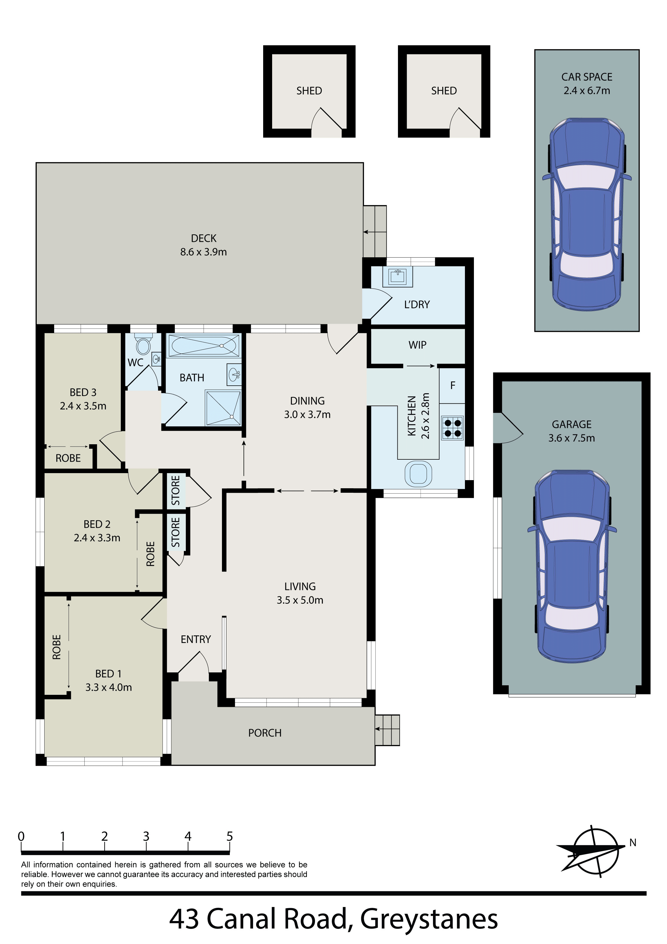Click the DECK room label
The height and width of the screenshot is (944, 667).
pyautogui.click(x=203, y=239)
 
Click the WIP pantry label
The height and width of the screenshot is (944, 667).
pyautogui.click(x=417, y=345)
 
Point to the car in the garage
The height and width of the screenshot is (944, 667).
pyautogui.click(x=572, y=566)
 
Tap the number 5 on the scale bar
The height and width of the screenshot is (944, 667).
pyautogui.click(x=230, y=837)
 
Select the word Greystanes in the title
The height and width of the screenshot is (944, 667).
pyautogui.click(x=429, y=919)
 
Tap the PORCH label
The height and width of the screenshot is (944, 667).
pyautogui.click(x=265, y=733)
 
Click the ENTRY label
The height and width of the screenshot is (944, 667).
pyautogui.click(x=196, y=639)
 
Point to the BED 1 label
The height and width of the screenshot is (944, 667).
pyautogui.click(x=108, y=674)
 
